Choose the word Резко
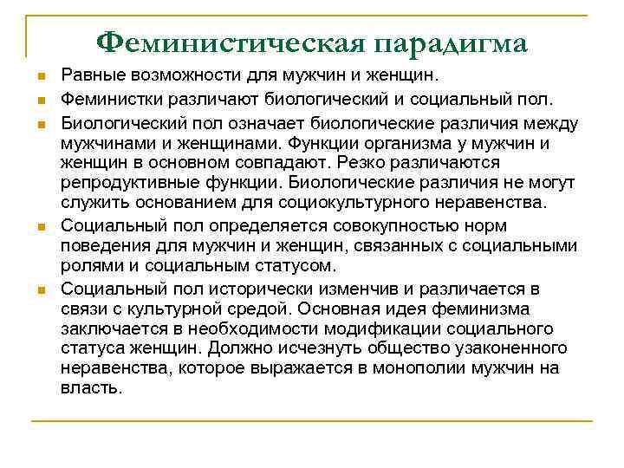tap(355, 163)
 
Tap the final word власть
tap(90, 389)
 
